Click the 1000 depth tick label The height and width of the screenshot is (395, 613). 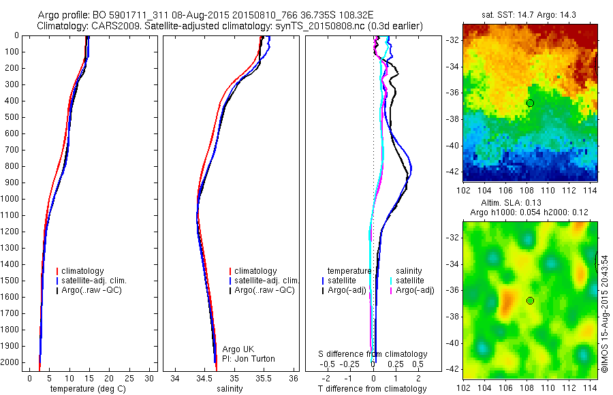tap(12, 199)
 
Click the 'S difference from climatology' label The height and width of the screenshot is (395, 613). tap(373, 354)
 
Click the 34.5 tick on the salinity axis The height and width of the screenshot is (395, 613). tap(204, 378)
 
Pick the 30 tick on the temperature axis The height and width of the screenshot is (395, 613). tap(150, 378)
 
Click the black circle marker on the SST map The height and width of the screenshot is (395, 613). tap(530, 103)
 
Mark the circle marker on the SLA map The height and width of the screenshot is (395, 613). tap(530, 300)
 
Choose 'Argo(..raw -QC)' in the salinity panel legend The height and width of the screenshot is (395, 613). tap(264, 290)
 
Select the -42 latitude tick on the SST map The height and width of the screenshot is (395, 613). tap(453, 171)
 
